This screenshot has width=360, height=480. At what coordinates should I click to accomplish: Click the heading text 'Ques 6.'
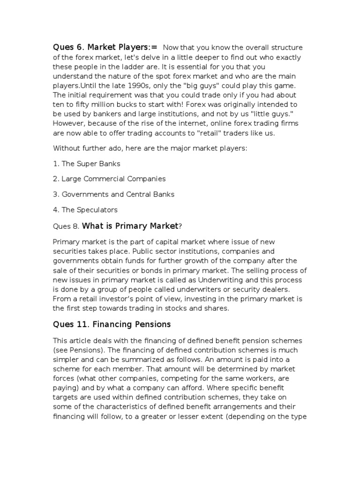[x=67, y=47]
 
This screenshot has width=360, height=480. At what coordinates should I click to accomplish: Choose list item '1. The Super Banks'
[x=87, y=164]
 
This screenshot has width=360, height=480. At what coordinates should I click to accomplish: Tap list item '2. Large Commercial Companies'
[x=109, y=179]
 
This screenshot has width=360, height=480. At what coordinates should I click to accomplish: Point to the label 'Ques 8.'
[x=67, y=227]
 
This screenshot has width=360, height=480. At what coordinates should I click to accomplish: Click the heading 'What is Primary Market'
[x=130, y=226]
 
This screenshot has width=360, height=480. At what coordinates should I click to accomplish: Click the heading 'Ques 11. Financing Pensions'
[x=112, y=324]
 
